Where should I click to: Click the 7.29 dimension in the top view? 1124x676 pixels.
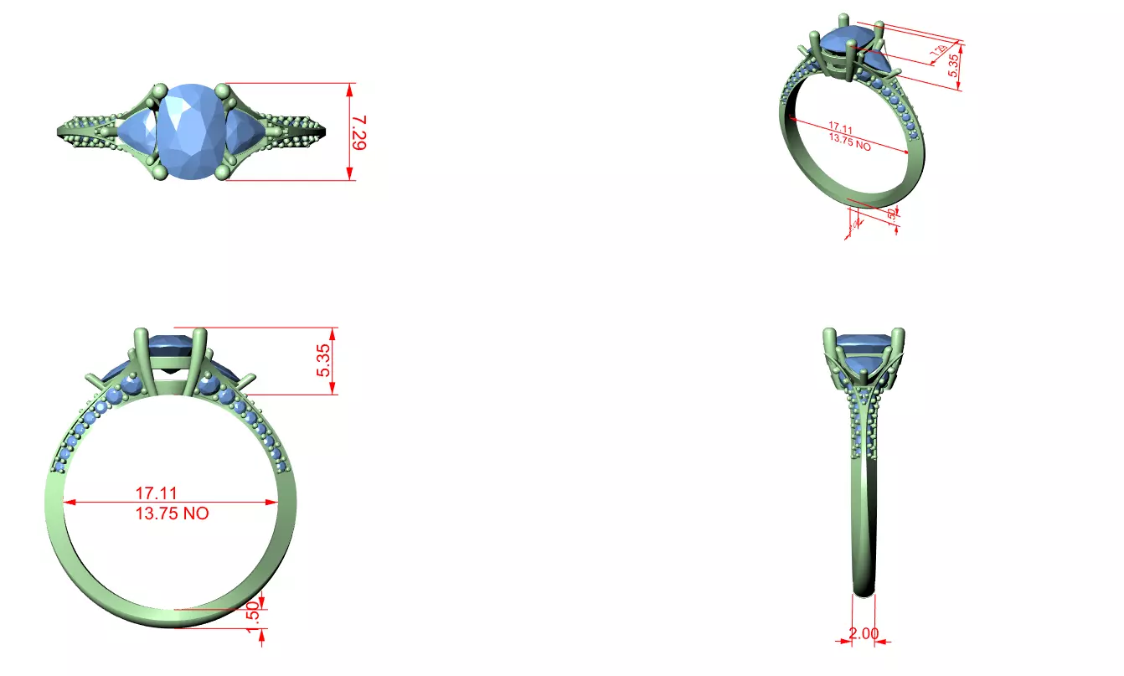tap(358, 132)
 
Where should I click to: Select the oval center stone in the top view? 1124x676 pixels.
tap(193, 132)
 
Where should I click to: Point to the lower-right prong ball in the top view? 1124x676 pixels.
tap(222, 173)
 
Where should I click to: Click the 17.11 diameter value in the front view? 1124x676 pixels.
tap(157, 493)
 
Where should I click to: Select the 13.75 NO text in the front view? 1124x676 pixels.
tap(173, 513)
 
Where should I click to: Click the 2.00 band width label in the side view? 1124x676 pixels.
tap(864, 633)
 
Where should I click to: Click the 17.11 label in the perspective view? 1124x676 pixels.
tap(840, 129)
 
